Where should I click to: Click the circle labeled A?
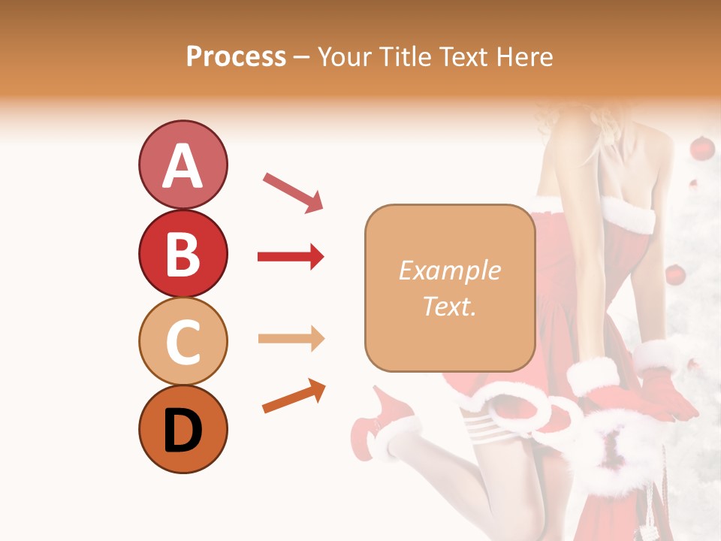point(183,165)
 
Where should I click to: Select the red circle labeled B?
point(183,254)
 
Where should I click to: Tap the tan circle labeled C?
point(183,341)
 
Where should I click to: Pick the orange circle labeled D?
point(183,429)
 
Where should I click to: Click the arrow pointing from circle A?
point(293,192)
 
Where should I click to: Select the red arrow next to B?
point(291,257)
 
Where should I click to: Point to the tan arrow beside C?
point(291,339)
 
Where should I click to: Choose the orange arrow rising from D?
point(294,396)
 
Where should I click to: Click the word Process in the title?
point(236,56)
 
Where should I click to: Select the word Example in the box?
point(449,270)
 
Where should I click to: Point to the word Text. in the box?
point(449,306)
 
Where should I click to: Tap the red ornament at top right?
point(701,148)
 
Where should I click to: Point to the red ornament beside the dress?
point(675,275)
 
